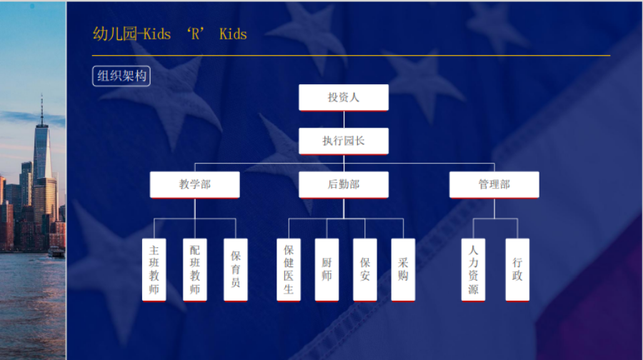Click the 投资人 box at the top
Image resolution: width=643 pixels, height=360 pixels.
click(343, 97)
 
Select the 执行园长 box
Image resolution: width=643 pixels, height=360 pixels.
click(343, 141)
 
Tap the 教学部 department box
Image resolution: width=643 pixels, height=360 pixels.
click(194, 184)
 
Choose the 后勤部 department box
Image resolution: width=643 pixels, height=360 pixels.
click(343, 184)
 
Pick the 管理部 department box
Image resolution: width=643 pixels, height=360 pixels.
click(494, 184)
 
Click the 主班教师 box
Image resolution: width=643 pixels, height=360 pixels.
click(154, 270)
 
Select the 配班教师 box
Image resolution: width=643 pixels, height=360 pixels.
click(194, 270)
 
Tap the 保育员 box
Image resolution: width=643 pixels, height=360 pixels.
click(235, 270)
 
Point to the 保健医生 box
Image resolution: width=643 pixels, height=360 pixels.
click(289, 270)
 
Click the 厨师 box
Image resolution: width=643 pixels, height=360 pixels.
click(327, 270)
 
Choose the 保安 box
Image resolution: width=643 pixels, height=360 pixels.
click(365, 270)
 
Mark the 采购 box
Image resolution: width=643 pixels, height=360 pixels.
click(403, 270)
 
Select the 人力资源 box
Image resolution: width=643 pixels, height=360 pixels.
click(473, 270)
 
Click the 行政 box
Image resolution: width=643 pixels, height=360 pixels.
click(517, 270)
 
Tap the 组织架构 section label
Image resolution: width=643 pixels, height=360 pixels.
click(121, 76)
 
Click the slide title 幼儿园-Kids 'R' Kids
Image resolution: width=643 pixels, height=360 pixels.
click(169, 34)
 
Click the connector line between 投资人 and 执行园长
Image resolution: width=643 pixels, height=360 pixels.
click(343, 119)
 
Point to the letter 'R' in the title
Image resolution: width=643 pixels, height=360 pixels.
click(196, 34)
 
